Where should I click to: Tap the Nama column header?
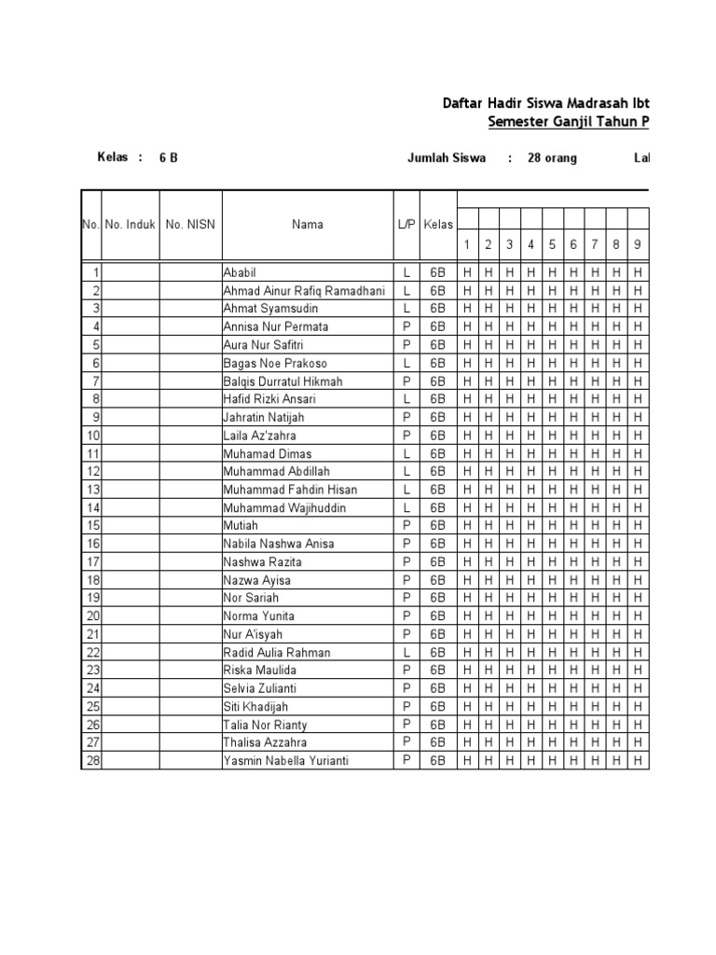[x=307, y=224]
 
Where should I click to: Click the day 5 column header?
[x=552, y=244]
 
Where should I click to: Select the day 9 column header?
[x=638, y=244]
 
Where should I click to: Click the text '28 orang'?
[x=552, y=158]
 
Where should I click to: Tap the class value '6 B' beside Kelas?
[x=168, y=158]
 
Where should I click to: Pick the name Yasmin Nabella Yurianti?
[x=285, y=760]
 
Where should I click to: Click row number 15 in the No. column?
[x=92, y=525]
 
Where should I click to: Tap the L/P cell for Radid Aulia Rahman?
[x=406, y=652]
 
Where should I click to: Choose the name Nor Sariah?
[x=251, y=598]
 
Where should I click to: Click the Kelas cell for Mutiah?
[x=437, y=525]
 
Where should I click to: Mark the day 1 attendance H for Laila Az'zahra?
[x=467, y=435]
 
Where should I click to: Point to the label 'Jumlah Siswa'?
[x=447, y=158]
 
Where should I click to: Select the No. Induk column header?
[x=130, y=224]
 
